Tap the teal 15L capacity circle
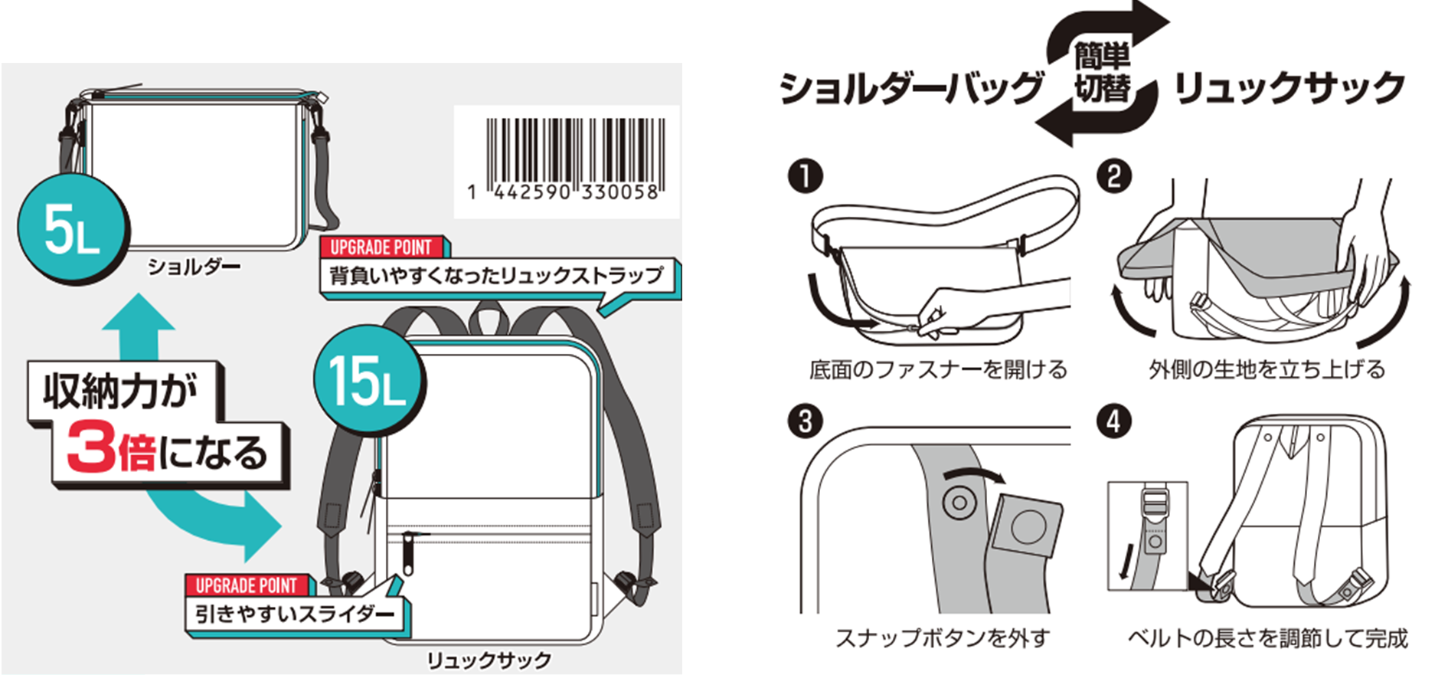click(x=368, y=381)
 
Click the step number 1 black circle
click(x=805, y=176)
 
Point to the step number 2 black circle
click(x=1114, y=176)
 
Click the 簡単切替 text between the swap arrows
click(x=1102, y=73)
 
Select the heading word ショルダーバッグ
click(x=911, y=88)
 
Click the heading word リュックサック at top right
click(x=1289, y=88)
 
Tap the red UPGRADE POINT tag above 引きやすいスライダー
click(x=247, y=586)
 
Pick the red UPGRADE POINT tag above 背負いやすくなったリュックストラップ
click(x=381, y=247)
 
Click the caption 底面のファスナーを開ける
click(x=938, y=370)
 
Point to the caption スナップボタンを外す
click(x=942, y=638)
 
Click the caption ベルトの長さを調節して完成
click(x=1267, y=638)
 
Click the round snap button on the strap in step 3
click(x=958, y=503)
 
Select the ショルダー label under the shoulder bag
click(x=194, y=267)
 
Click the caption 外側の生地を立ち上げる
click(x=1267, y=370)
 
